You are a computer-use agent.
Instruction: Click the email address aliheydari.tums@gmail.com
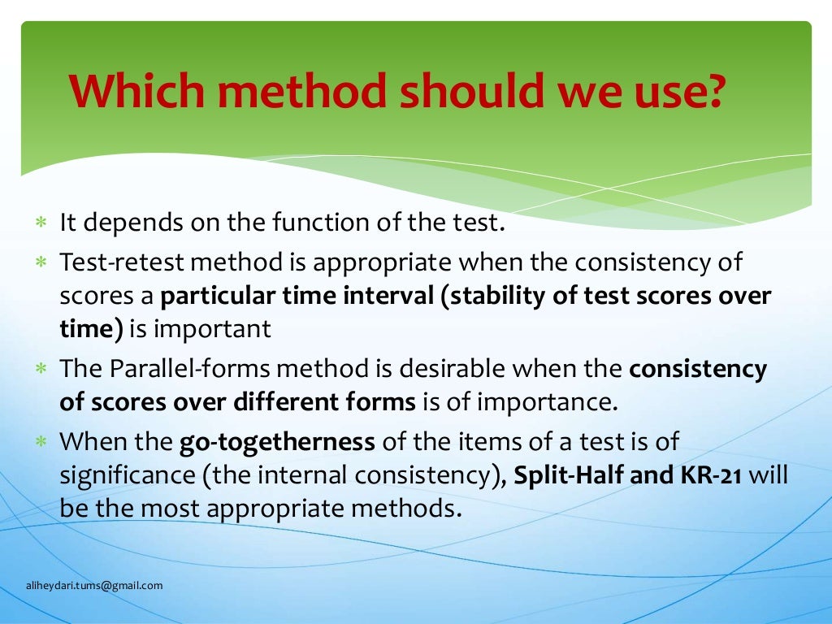coord(93,585)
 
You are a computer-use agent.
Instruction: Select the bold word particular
coord(216,296)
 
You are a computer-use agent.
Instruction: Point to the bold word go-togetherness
coord(277,442)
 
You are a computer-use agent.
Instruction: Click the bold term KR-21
coord(708,475)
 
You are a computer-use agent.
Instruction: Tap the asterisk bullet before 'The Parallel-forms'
coord(40,370)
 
